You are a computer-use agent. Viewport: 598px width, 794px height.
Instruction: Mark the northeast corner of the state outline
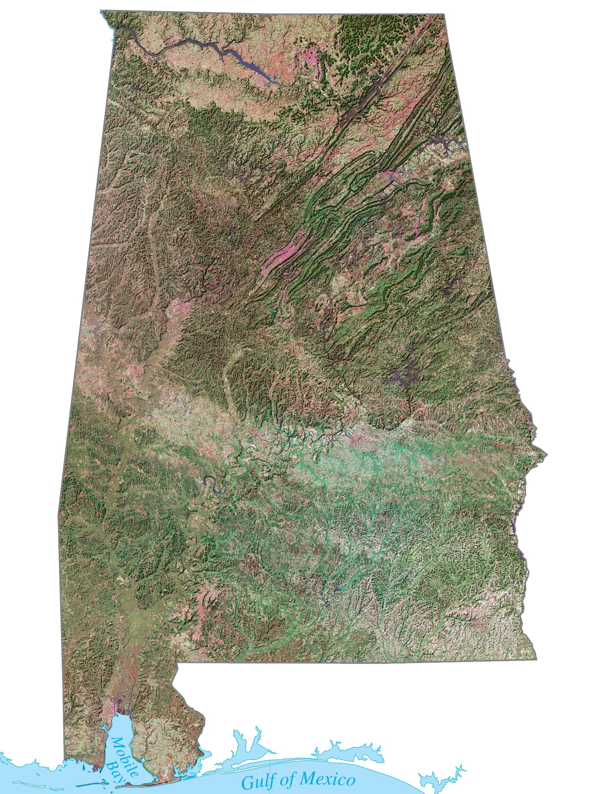[445, 14]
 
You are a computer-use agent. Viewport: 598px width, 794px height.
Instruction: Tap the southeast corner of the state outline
[536, 660]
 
